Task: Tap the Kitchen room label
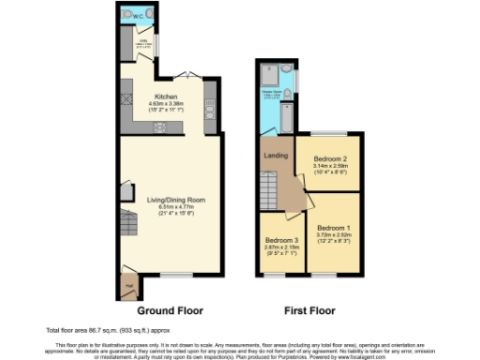167,96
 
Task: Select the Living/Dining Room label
169,200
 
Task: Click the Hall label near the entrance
129,278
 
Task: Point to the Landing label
274,156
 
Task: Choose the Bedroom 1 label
334,227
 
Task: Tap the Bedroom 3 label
282,240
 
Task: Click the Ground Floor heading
170,309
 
